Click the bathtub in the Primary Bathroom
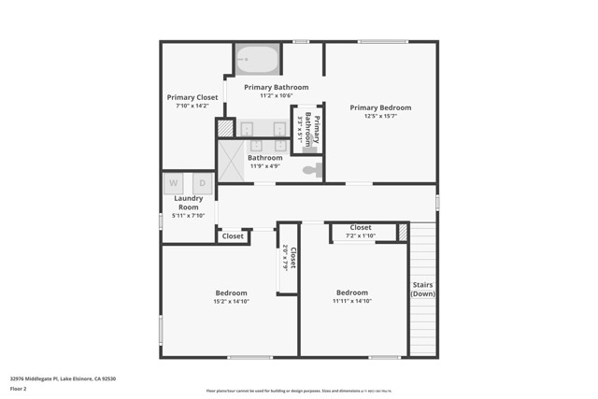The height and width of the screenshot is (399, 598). click(x=257, y=60)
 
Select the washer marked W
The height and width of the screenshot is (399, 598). click(x=174, y=184)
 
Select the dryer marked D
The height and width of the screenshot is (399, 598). click(x=201, y=184)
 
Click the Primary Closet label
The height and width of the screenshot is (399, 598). click(x=192, y=97)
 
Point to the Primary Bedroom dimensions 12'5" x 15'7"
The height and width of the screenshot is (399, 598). click(x=380, y=117)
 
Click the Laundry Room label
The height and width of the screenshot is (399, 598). click(x=188, y=202)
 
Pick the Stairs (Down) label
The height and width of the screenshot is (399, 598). click(x=422, y=290)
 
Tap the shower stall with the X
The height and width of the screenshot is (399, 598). click(x=230, y=158)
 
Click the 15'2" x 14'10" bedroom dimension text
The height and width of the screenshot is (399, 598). click(x=231, y=301)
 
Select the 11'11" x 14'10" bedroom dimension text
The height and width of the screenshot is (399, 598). click(x=352, y=301)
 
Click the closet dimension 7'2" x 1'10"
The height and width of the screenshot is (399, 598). click(x=360, y=235)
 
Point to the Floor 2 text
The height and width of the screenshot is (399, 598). click(x=19, y=388)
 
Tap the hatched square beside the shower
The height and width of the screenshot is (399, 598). click(x=225, y=128)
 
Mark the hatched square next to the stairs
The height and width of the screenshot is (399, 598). click(x=403, y=231)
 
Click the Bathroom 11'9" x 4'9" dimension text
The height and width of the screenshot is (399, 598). click(x=264, y=166)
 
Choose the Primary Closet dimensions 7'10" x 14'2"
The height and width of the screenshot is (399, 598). click(x=192, y=107)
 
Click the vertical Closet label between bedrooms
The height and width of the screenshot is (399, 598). click(x=292, y=258)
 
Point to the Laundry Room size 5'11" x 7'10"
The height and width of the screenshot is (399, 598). click(x=188, y=216)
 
